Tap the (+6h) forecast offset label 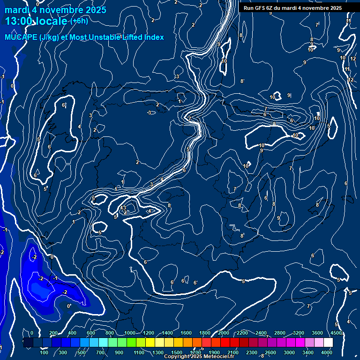[79, 21]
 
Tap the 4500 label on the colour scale [336, 333]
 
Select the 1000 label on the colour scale [129, 333]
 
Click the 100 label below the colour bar [44, 352]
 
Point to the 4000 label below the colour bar [327, 352]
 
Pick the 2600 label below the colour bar [270, 352]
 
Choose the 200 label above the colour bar [53, 333]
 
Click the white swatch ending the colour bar [328, 343]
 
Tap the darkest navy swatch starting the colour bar [28, 343]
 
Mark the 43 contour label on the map [123, 208]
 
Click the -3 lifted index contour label [149, 112]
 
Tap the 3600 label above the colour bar [317, 333]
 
